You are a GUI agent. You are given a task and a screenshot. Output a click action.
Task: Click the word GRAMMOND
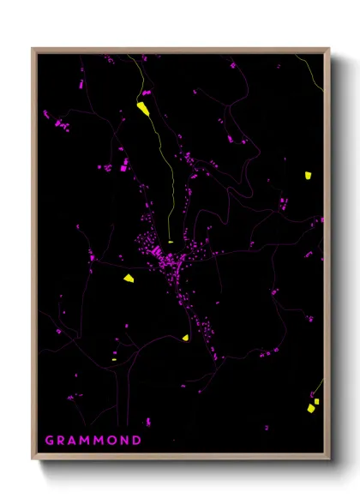click(93, 441)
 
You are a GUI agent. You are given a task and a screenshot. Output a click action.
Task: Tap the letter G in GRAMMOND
click(49, 441)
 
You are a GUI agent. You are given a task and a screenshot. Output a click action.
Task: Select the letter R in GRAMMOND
click(61, 441)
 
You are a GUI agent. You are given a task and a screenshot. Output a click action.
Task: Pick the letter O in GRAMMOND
click(112, 441)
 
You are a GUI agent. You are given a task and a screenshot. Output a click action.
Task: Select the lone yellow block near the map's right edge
click(307, 175)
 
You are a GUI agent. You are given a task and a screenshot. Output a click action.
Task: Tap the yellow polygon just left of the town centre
click(128, 278)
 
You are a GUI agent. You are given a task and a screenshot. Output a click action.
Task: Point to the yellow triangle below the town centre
click(185, 338)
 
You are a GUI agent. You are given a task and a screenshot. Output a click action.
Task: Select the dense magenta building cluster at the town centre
click(163, 254)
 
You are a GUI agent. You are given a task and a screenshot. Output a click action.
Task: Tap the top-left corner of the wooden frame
click(33, 49)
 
